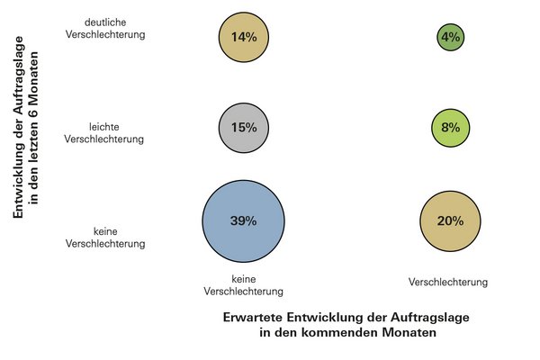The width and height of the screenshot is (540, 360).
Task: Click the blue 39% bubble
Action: (x=243, y=220)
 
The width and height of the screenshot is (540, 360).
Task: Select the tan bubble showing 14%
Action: (x=243, y=38)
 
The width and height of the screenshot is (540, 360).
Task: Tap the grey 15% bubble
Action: (x=243, y=128)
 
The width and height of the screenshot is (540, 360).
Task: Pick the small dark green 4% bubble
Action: (x=451, y=38)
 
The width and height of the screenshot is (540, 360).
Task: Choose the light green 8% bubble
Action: (x=451, y=128)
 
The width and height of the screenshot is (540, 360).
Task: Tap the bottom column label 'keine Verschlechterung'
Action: (x=244, y=285)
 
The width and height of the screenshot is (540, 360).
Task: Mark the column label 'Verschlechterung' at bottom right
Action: (x=448, y=282)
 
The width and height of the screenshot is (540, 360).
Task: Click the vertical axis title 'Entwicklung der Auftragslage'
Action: (x=18, y=134)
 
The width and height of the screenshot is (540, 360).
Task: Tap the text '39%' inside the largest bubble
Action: (x=243, y=220)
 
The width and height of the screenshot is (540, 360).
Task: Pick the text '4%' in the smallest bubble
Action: (x=451, y=38)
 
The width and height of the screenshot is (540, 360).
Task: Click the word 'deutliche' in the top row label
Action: (x=106, y=22)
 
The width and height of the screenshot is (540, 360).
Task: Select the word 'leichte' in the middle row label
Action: (x=106, y=126)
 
